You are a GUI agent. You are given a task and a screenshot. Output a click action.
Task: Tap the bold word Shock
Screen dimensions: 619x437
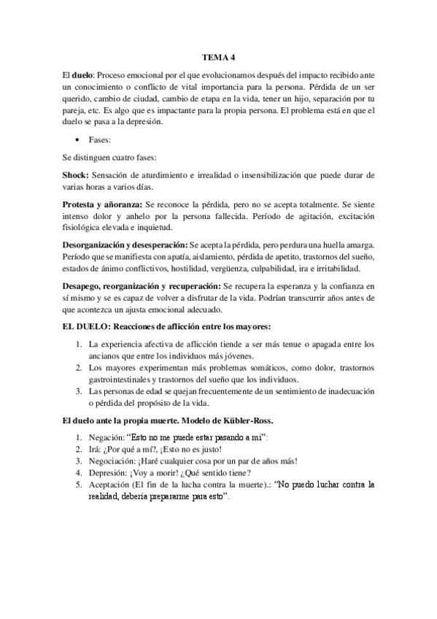pos(77,175)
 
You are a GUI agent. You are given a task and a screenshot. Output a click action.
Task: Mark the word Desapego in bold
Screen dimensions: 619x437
pos(85,287)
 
